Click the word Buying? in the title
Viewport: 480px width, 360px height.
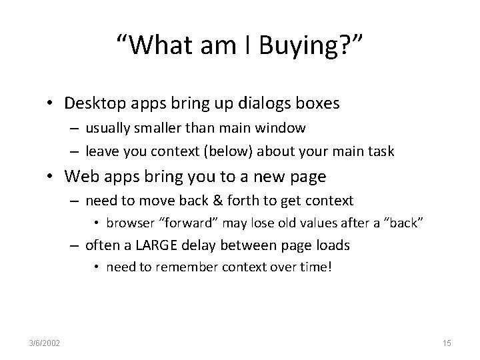coord(313,47)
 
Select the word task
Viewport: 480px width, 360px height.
coord(381,151)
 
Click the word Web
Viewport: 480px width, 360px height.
coord(79,177)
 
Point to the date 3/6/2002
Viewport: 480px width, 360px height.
coord(45,343)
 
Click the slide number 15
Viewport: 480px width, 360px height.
coord(447,343)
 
